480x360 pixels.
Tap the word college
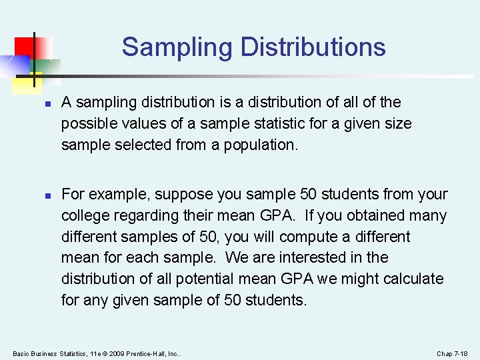coord(86,216)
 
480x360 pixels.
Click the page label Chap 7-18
coord(452,353)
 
